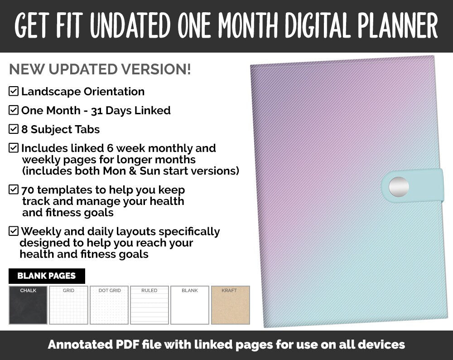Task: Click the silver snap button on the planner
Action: (x=399, y=186)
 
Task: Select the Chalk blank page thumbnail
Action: (x=28, y=305)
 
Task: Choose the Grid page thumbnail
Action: (x=68, y=305)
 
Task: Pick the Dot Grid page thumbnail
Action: (x=109, y=305)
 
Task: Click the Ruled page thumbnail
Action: (x=149, y=305)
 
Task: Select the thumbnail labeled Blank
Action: (x=190, y=305)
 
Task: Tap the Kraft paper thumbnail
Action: (x=230, y=305)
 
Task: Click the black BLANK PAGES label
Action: (x=47, y=276)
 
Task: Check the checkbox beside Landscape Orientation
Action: (x=14, y=92)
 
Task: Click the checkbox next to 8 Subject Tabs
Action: (x=14, y=129)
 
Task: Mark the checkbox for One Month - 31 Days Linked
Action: (x=14, y=110)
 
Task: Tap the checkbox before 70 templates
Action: (x=14, y=190)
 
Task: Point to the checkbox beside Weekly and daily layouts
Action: (x=14, y=231)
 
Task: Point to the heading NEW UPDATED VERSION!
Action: (x=100, y=69)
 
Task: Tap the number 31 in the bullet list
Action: (x=97, y=111)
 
